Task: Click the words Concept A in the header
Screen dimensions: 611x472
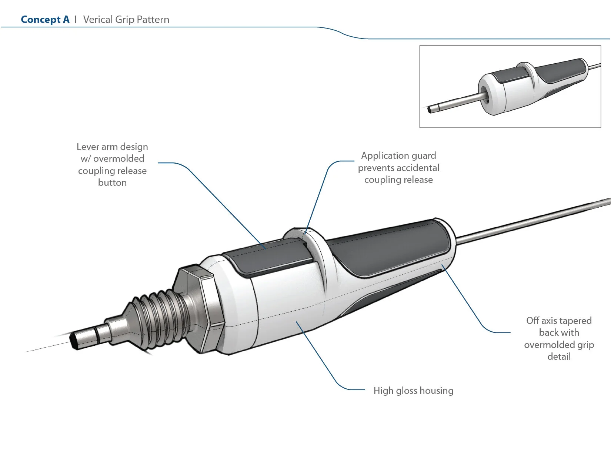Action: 45,20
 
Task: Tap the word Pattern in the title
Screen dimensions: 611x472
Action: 153,20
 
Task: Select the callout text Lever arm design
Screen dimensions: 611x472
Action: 112,147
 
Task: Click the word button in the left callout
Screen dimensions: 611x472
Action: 112,183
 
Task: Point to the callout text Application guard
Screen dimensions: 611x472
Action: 398,156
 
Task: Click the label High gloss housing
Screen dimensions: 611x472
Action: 413,391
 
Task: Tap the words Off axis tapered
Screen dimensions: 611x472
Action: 559,321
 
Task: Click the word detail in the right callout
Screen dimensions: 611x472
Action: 559,357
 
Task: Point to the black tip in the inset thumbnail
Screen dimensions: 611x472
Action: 431,110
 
